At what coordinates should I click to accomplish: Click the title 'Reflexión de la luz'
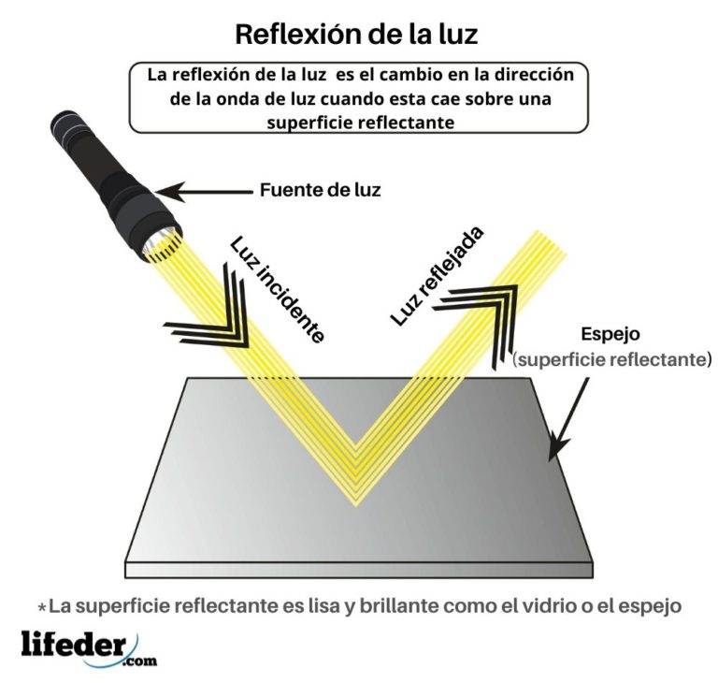click(x=356, y=35)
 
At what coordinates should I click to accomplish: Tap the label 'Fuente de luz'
click(x=320, y=190)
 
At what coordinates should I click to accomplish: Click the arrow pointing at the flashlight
click(x=204, y=192)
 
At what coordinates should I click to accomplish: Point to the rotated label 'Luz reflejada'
click(x=438, y=276)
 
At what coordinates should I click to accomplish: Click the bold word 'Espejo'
click(x=610, y=334)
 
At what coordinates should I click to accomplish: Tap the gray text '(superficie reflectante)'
click(x=612, y=359)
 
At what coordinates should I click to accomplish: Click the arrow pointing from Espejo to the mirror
click(x=567, y=418)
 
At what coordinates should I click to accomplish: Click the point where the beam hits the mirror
click(x=355, y=477)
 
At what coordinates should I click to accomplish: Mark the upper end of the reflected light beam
click(x=551, y=242)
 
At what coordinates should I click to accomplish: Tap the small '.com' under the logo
click(x=140, y=661)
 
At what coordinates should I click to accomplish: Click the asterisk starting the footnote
click(x=42, y=607)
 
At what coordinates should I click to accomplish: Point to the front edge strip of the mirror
click(x=359, y=571)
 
